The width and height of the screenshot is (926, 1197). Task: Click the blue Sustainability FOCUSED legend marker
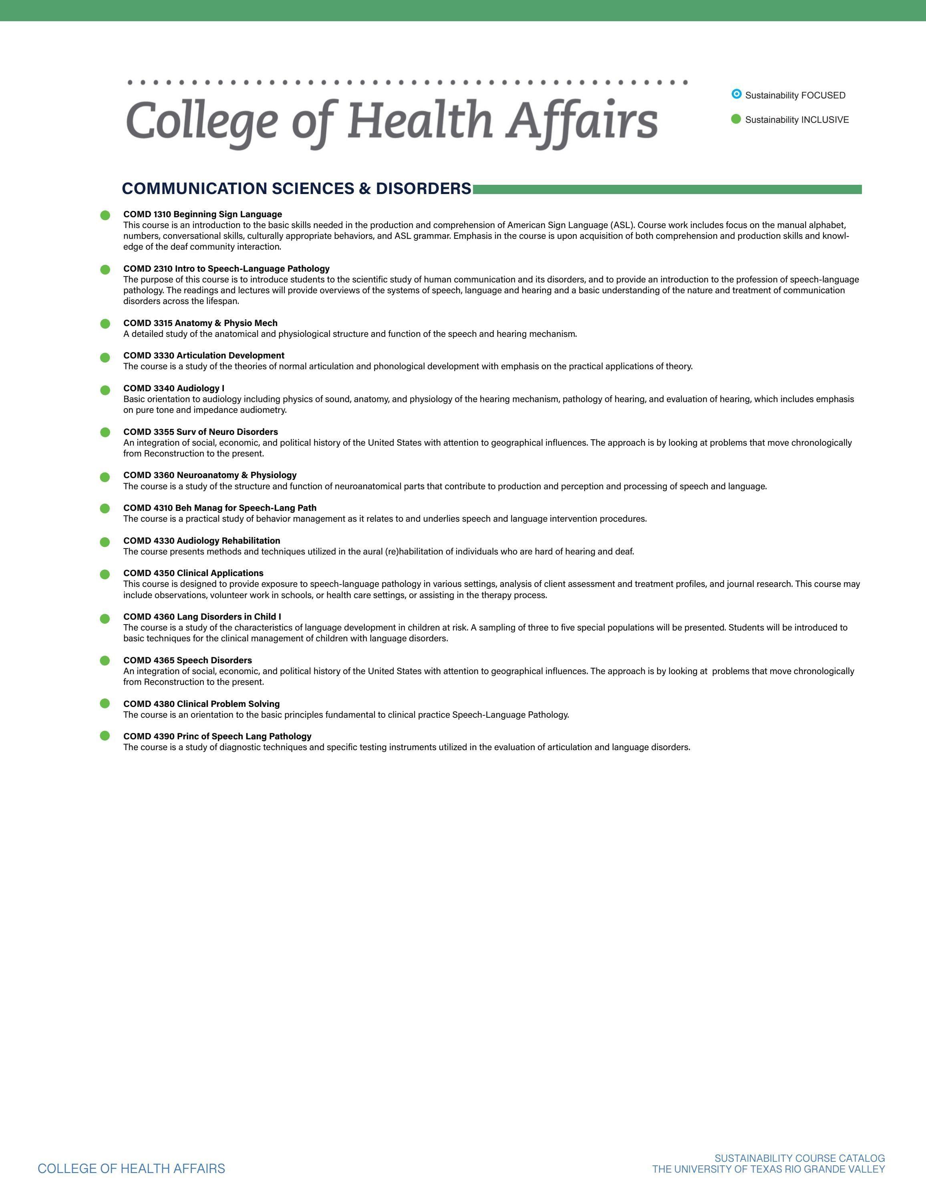[x=736, y=94]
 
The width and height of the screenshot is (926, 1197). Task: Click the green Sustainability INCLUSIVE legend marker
[x=736, y=119]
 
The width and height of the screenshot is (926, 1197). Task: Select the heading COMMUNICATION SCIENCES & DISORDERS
[x=296, y=188]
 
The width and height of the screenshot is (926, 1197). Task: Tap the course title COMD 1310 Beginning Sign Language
[x=202, y=214]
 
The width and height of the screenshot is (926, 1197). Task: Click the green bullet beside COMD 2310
[x=105, y=270]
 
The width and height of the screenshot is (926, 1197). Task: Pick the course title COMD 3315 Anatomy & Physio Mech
[x=200, y=323]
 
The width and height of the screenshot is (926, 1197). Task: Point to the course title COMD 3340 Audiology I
[x=174, y=388]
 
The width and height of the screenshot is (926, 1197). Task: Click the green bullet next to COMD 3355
[x=105, y=432]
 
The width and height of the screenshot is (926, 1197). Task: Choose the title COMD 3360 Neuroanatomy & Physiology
[x=209, y=475]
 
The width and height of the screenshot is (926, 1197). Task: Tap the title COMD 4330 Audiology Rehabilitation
[x=201, y=540]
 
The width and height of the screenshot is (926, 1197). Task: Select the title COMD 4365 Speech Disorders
[x=187, y=661]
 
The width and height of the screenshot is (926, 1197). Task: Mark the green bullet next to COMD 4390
[x=105, y=735]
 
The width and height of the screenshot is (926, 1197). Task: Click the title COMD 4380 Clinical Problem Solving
[x=201, y=704]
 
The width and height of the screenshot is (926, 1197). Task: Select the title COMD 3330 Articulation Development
[x=203, y=355]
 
